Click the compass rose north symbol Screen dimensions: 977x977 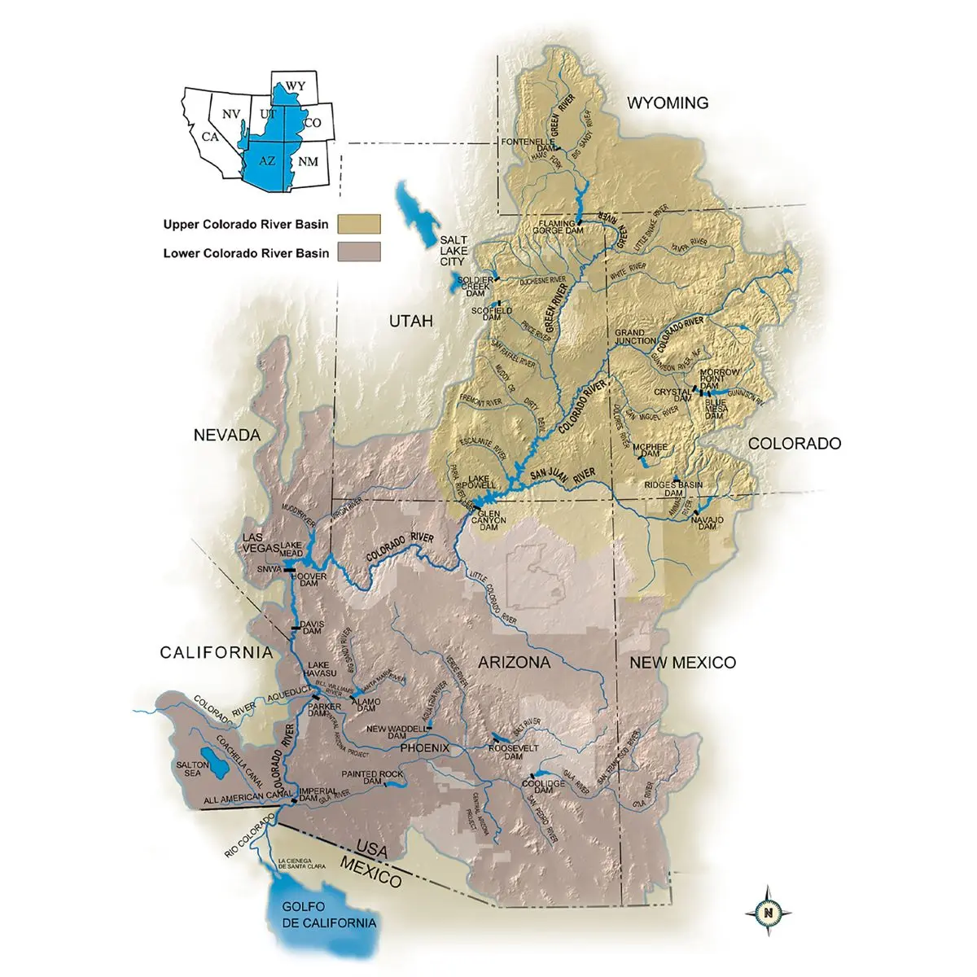tap(768, 912)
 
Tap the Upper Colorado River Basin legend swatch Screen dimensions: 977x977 tap(360, 224)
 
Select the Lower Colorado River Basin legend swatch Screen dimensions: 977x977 tap(360, 252)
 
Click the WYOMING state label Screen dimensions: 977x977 tap(667, 103)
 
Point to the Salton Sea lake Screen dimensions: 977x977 tap(214, 759)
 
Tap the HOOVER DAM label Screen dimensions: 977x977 tap(313, 581)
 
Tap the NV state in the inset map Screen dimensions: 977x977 tap(231, 116)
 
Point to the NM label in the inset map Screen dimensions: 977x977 tap(308, 161)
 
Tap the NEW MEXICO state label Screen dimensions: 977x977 tap(682, 663)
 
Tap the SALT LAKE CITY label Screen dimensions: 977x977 tap(453, 251)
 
